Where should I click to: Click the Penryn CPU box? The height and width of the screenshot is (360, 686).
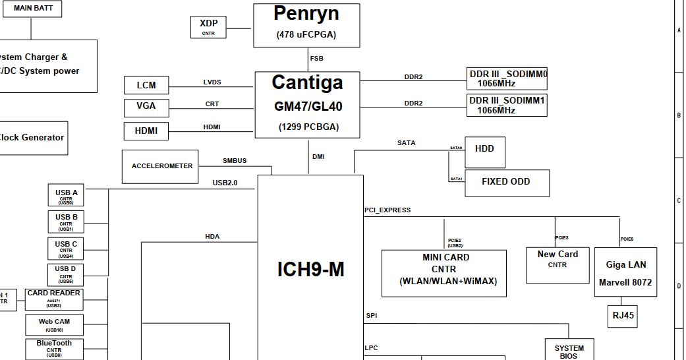tap(306, 25)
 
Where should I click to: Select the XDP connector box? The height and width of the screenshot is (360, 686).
tap(208, 27)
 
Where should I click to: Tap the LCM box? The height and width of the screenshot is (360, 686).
tap(146, 85)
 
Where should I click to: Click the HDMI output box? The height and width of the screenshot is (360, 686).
tap(146, 131)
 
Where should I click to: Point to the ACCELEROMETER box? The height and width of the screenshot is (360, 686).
tap(161, 166)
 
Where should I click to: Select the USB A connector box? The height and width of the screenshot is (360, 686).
tap(66, 196)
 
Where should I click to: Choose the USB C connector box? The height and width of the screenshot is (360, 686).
tap(66, 248)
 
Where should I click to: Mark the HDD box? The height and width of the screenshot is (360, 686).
tap(484, 153)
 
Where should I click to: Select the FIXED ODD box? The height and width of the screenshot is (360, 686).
tap(506, 183)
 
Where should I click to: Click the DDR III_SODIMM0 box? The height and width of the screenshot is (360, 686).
tap(507, 78)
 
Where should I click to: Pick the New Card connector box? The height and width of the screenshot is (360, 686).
tap(557, 264)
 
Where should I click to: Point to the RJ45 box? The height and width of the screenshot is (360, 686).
tap(623, 316)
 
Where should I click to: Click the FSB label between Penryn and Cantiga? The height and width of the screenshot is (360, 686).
tap(317, 59)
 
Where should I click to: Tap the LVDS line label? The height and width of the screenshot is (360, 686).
tap(212, 82)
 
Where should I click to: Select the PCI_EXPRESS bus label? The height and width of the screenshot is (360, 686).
tap(387, 210)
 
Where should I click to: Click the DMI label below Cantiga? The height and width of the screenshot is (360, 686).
tap(318, 157)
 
